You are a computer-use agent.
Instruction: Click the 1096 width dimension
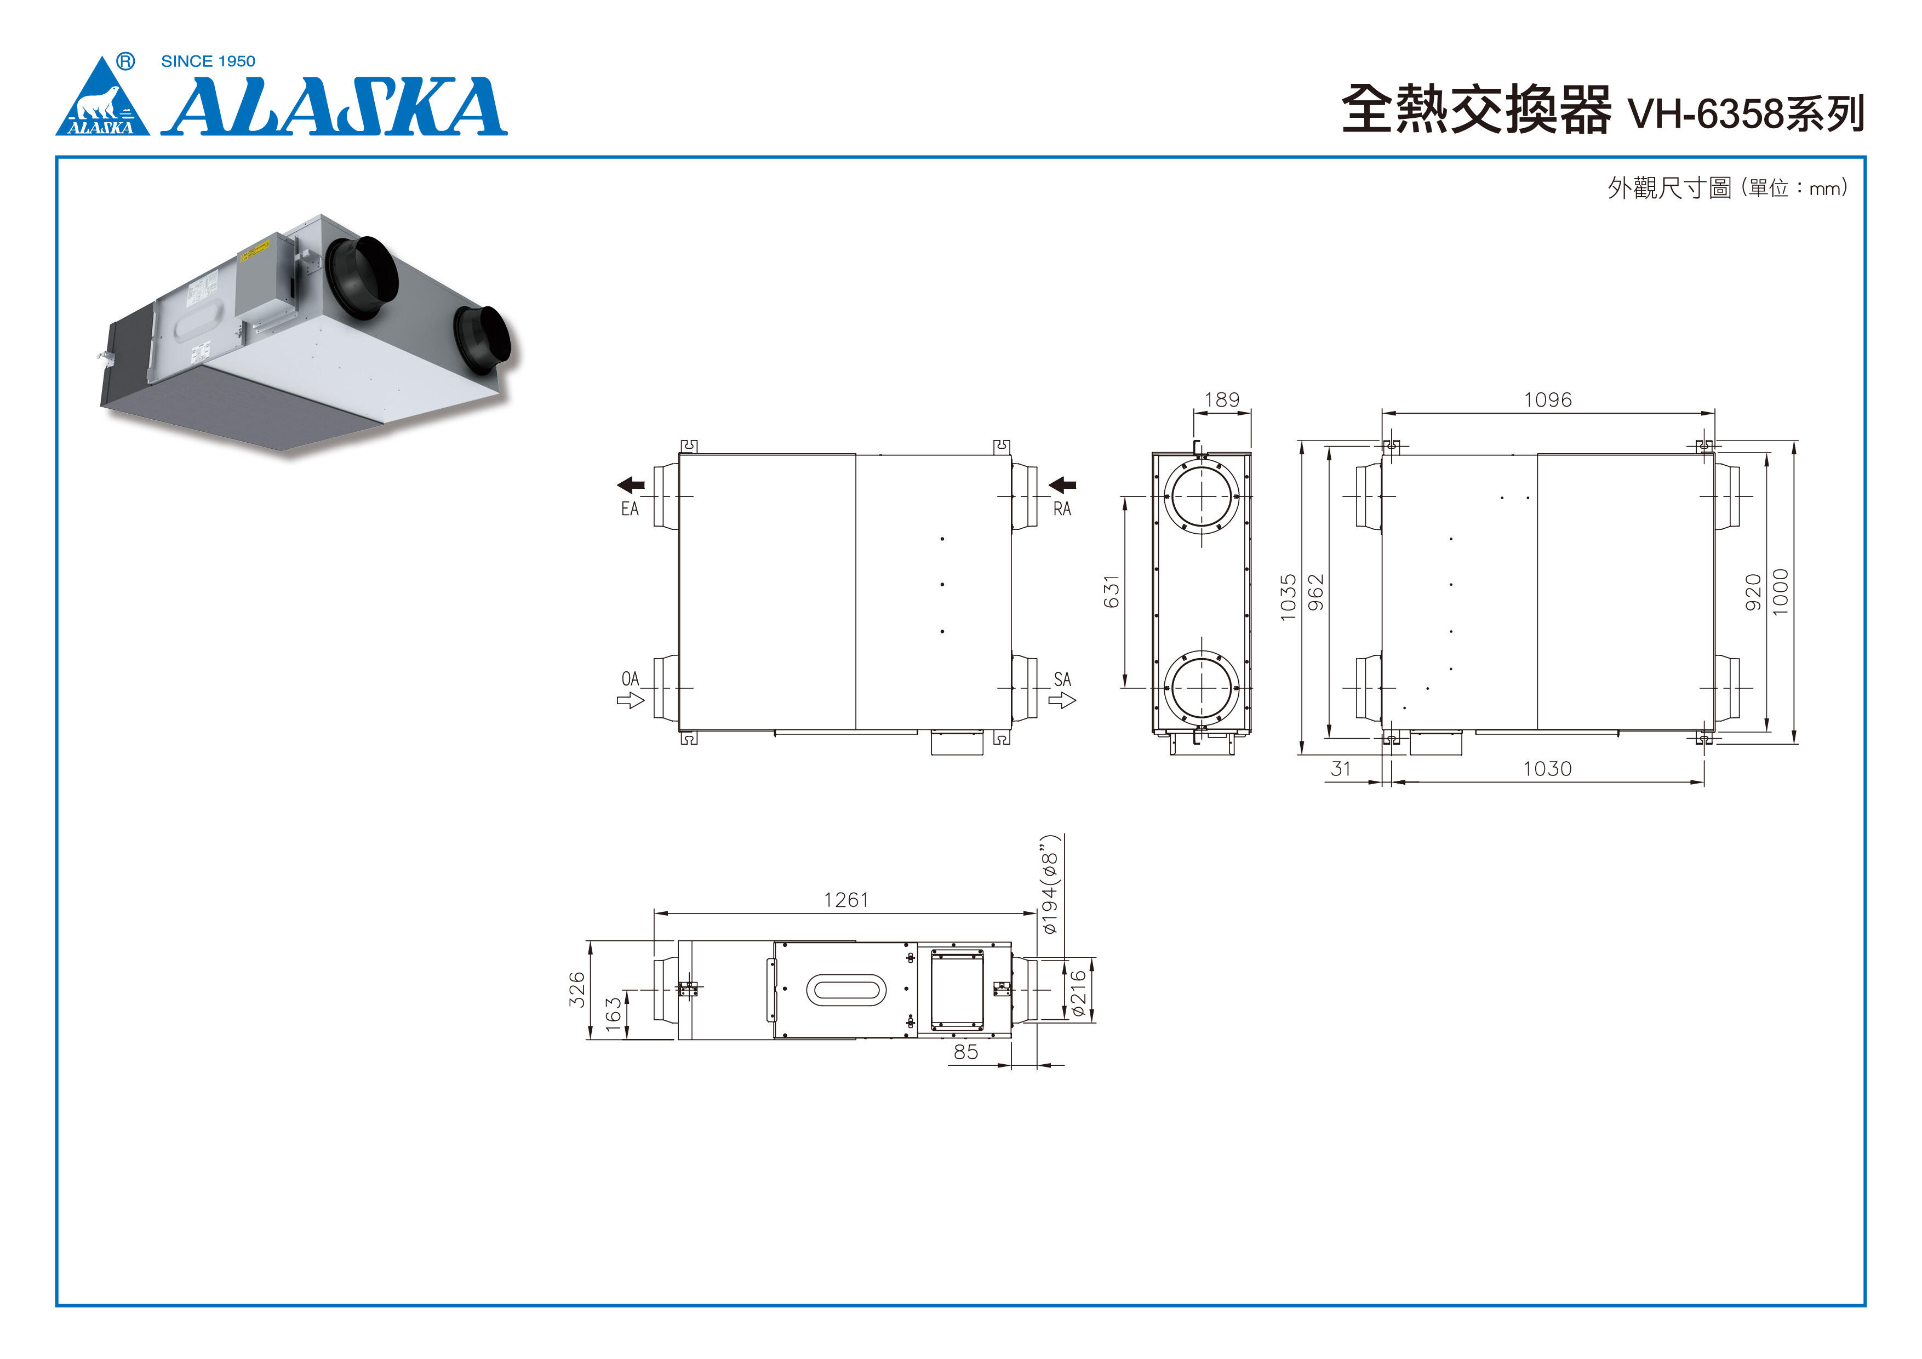coord(1547,399)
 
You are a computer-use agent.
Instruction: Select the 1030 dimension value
coord(1547,769)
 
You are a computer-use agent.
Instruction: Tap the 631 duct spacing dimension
coord(1111,591)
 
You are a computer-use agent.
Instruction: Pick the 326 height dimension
coord(577,989)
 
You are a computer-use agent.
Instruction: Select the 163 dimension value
coord(614,1010)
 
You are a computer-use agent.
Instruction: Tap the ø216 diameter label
coord(1078,993)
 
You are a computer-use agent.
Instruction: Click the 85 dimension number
coord(965,1052)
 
